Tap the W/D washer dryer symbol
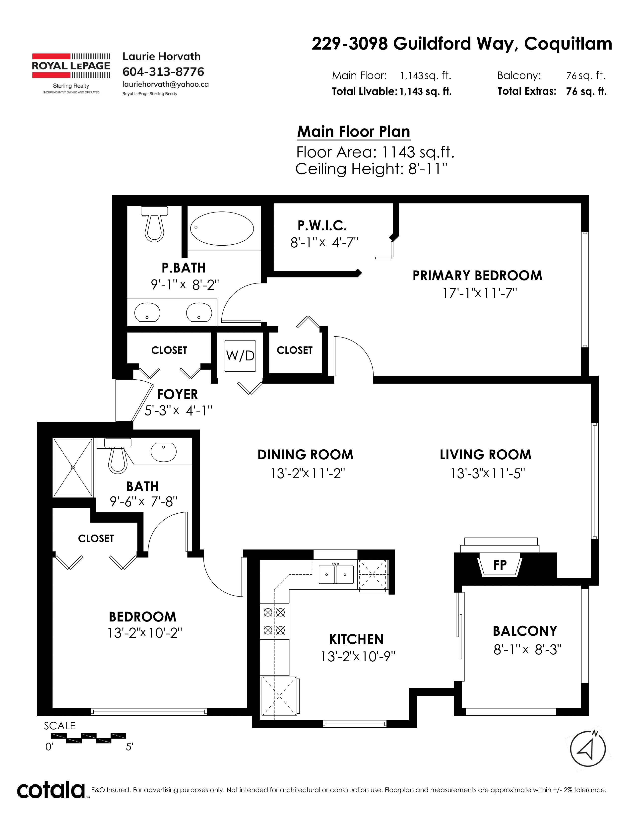(x=240, y=356)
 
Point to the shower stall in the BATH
(x=73, y=468)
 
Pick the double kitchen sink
(x=336, y=574)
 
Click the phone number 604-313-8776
(x=163, y=71)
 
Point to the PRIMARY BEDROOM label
(x=477, y=275)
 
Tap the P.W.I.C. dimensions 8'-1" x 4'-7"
(x=324, y=242)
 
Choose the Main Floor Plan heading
(x=354, y=132)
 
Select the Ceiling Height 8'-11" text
(x=372, y=169)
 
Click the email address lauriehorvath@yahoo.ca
(x=166, y=84)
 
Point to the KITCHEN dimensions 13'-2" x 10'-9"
(x=358, y=656)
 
